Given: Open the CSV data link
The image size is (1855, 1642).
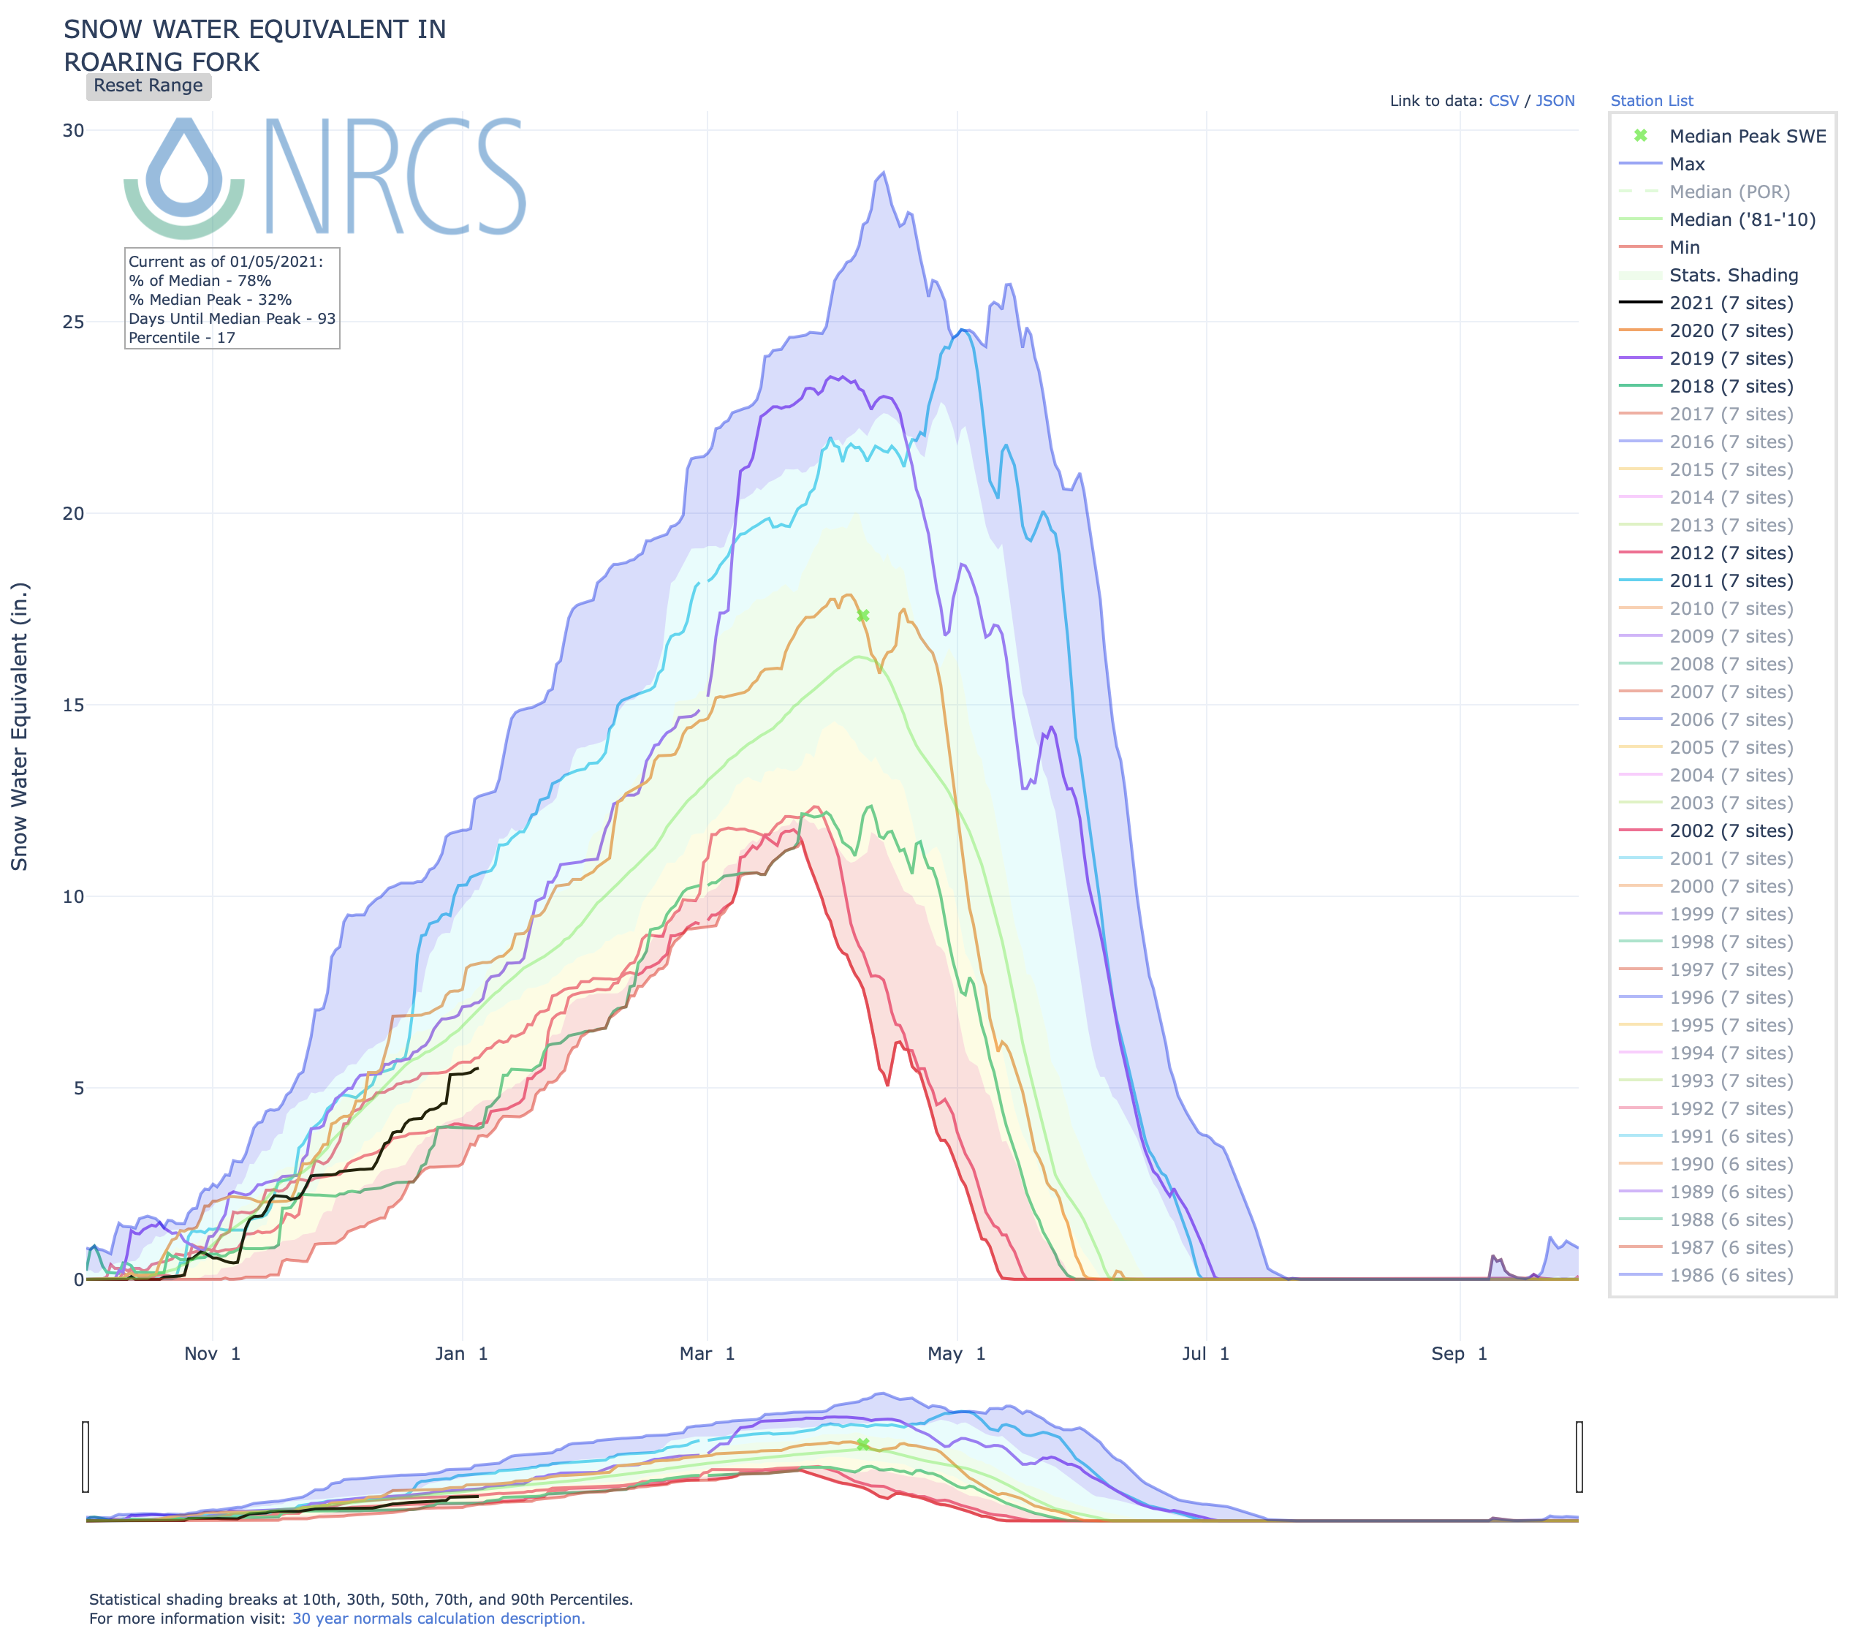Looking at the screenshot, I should point(1503,101).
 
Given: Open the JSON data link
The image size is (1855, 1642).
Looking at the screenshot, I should point(1555,101).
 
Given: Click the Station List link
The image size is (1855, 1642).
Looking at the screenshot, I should point(1651,101).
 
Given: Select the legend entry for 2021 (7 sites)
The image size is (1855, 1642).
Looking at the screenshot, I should point(1731,303).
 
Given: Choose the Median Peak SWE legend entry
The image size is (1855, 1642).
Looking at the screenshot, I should point(1747,136).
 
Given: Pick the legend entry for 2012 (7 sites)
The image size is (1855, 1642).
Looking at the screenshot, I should point(1731,553).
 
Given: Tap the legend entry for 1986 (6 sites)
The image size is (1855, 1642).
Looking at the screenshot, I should point(1731,1275).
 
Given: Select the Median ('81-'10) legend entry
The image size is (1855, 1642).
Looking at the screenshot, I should point(1742,219).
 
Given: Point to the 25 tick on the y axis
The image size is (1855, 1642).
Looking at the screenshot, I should point(72,322).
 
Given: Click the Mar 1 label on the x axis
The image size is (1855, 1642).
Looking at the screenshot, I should point(707,1353).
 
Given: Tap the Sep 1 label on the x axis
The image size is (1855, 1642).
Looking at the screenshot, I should point(1458,1353).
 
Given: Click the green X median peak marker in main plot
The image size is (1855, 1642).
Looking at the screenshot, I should point(863,616).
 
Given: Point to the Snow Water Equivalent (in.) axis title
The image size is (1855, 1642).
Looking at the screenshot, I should point(20,726).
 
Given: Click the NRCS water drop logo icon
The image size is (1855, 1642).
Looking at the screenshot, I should point(184,177).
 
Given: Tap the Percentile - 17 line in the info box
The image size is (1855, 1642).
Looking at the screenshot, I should point(181,338).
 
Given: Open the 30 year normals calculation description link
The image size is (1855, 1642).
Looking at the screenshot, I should point(439,1619).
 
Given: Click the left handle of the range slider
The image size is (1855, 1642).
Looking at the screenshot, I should point(86,1457).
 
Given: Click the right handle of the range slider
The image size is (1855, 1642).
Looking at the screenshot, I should point(1579,1457).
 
